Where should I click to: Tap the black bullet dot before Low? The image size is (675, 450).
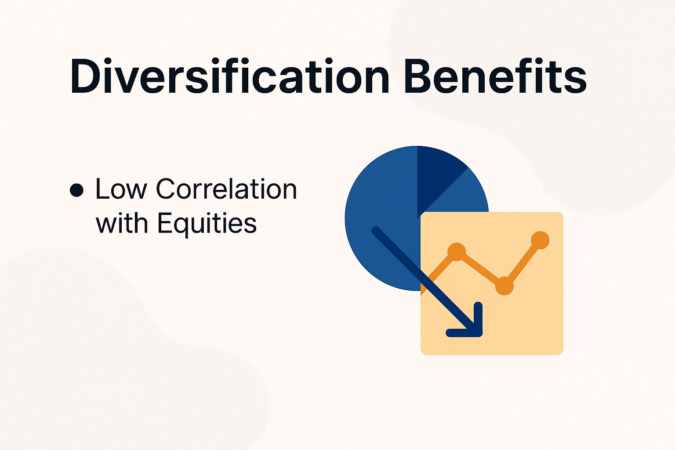(x=76, y=190)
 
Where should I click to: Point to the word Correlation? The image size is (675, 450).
(x=226, y=189)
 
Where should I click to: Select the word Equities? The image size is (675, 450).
(x=207, y=224)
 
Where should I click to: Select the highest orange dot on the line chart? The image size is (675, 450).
(x=540, y=240)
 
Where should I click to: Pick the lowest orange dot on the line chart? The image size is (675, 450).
(x=504, y=286)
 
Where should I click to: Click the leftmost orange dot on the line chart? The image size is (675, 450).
(x=457, y=251)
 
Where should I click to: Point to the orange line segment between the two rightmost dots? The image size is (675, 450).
(x=522, y=263)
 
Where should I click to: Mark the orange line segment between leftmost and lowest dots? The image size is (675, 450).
(x=480, y=269)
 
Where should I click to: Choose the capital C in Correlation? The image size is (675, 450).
(x=168, y=189)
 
